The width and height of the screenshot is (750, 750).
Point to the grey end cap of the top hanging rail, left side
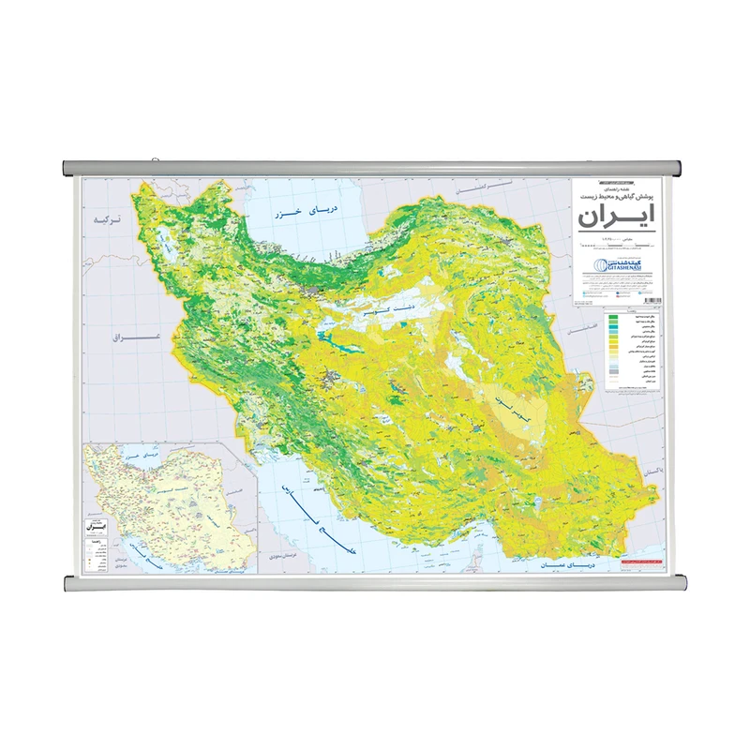click(68, 170)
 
